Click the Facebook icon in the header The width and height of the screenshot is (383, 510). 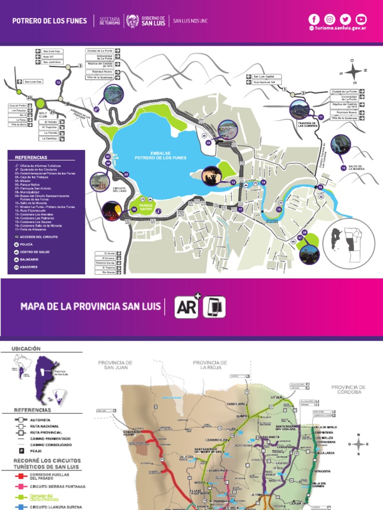314,19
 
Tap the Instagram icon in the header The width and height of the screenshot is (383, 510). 330,19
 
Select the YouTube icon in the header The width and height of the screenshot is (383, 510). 361,19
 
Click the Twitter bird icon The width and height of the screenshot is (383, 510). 346,19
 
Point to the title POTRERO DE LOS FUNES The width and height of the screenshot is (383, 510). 50,21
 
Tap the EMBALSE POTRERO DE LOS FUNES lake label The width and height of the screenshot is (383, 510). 161,156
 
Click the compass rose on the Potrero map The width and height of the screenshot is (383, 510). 353,71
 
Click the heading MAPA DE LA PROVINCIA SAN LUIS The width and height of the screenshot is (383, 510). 90,306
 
